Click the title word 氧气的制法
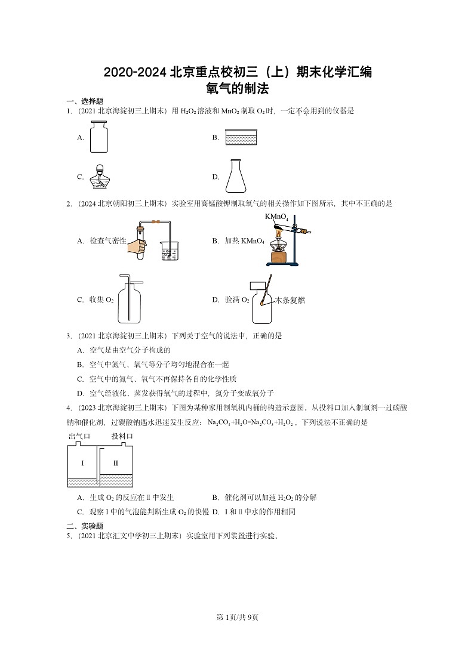tap(237, 89)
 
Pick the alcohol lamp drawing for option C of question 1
tap(99, 176)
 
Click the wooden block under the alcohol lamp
tap(278, 257)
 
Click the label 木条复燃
tap(290, 301)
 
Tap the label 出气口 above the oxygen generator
tap(79, 436)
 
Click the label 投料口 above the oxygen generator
tap(122, 436)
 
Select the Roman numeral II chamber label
tap(116, 463)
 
